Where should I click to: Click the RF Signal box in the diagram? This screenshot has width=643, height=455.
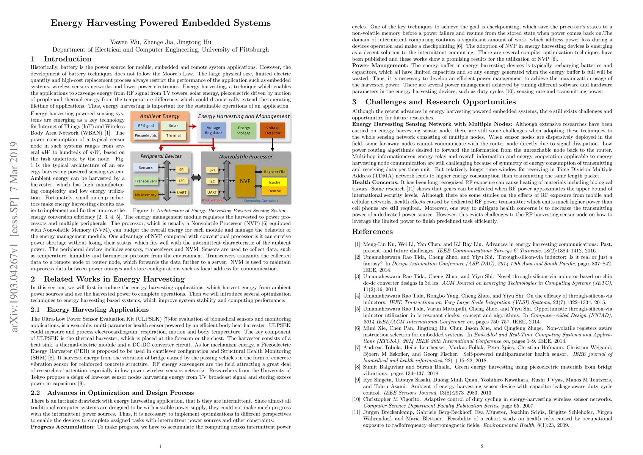point(146,126)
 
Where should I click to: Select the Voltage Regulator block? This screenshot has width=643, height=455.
point(213,130)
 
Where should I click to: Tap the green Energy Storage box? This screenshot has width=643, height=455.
point(244,130)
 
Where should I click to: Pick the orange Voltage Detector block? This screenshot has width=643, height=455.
point(273,130)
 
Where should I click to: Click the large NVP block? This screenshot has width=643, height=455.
point(245,181)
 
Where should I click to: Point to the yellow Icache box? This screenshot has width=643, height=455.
point(274,182)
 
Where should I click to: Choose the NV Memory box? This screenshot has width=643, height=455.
point(146,195)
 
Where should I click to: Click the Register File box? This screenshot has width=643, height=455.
point(274,172)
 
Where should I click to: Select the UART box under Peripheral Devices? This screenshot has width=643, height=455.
point(182,193)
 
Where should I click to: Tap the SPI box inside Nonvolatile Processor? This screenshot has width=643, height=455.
point(212,170)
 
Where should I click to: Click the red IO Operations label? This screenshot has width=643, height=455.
point(212,200)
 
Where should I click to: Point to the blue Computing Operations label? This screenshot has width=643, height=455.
point(261,201)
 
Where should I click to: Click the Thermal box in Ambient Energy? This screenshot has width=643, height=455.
point(173,135)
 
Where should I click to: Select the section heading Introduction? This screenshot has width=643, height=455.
point(67,59)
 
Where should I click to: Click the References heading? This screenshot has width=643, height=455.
point(372,231)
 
